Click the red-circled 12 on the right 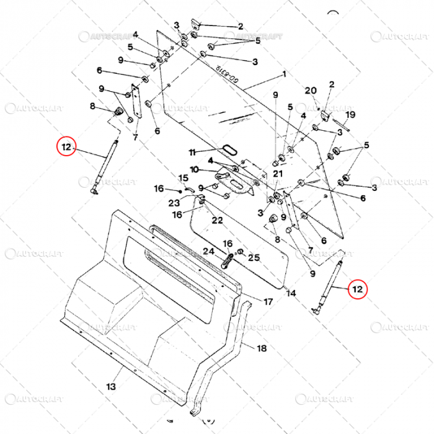point(357,289)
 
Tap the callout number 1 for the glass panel point(284,74)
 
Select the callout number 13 point(110,386)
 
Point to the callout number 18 point(262,348)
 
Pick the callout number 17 point(268,302)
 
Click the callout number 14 point(291,293)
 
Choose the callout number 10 point(194,169)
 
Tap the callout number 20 point(311,91)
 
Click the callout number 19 point(350,115)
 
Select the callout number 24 point(208,251)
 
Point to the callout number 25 point(254,257)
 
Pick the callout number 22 point(218,220)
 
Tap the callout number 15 point(183,178)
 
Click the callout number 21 point(278,173)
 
